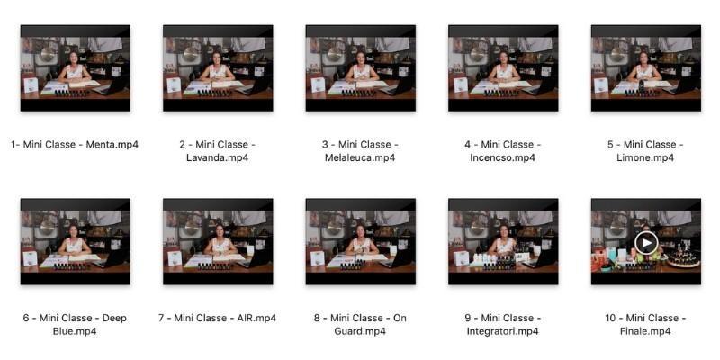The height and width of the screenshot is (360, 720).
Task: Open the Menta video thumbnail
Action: point(76,68)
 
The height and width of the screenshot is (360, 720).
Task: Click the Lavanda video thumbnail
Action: point(218,68)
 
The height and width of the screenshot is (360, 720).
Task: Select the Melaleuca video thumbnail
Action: point(361,68)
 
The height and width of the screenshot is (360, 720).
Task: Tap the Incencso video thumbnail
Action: point(503,68)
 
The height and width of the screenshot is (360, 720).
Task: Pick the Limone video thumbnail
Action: point(646,68)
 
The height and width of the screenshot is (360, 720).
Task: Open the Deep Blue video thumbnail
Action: point(76,241)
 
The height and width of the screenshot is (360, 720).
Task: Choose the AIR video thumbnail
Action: point(218,241)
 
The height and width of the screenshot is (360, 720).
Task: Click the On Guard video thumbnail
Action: point(361,241)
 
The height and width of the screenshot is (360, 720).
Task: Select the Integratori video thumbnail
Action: point(503,241)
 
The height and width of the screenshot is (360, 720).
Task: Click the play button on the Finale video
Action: point(646,242)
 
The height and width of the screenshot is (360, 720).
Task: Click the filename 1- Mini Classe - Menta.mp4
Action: point(75,145)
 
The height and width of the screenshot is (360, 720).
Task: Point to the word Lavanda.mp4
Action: point(218,158)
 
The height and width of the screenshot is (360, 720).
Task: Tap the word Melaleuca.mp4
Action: point(361,158)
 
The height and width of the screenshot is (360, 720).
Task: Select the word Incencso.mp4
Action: point(503,158)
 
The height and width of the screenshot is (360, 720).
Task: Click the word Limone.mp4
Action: point(645,158)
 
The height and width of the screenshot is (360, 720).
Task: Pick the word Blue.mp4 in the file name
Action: point(75,331)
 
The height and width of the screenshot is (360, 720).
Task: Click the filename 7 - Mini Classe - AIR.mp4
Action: point(218,319)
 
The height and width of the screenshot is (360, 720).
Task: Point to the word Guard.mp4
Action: point(361,331)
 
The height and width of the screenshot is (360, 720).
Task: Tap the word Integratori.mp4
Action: point(503,331)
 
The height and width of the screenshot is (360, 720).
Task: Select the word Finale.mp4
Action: point(645,331)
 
